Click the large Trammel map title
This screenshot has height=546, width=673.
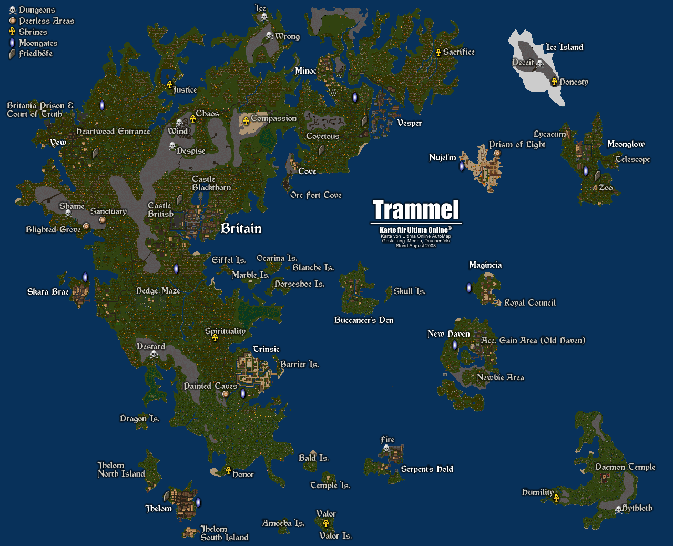click(416, 210)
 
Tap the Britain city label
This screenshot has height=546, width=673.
click(241, 228)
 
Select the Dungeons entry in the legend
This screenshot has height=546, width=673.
click(36, 10)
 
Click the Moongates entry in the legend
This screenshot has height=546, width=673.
click(38, 43)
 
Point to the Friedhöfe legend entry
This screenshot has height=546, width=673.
click(35, 54)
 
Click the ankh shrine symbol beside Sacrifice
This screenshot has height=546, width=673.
click(439, 52)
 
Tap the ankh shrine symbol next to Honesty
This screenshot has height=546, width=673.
click(554, 82)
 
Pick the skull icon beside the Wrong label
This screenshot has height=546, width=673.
click(269, 36)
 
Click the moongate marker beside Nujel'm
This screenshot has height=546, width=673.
click(462, 166)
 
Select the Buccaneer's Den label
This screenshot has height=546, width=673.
click(364, 320)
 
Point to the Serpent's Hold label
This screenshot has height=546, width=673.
click(427, 469)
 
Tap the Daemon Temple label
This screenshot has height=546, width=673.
click(625, 467)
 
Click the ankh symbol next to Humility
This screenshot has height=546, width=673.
click(556, 498)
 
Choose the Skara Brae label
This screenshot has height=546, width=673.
click(48, 291)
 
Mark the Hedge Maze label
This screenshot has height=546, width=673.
click(158, 290)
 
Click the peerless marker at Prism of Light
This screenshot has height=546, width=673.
click(497, 154)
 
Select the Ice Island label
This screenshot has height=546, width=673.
click(564, 47)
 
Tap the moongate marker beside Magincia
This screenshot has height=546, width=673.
click(469, 288)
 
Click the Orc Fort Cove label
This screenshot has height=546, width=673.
click(315, 195)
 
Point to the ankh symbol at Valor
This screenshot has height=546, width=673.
click(326, 523)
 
